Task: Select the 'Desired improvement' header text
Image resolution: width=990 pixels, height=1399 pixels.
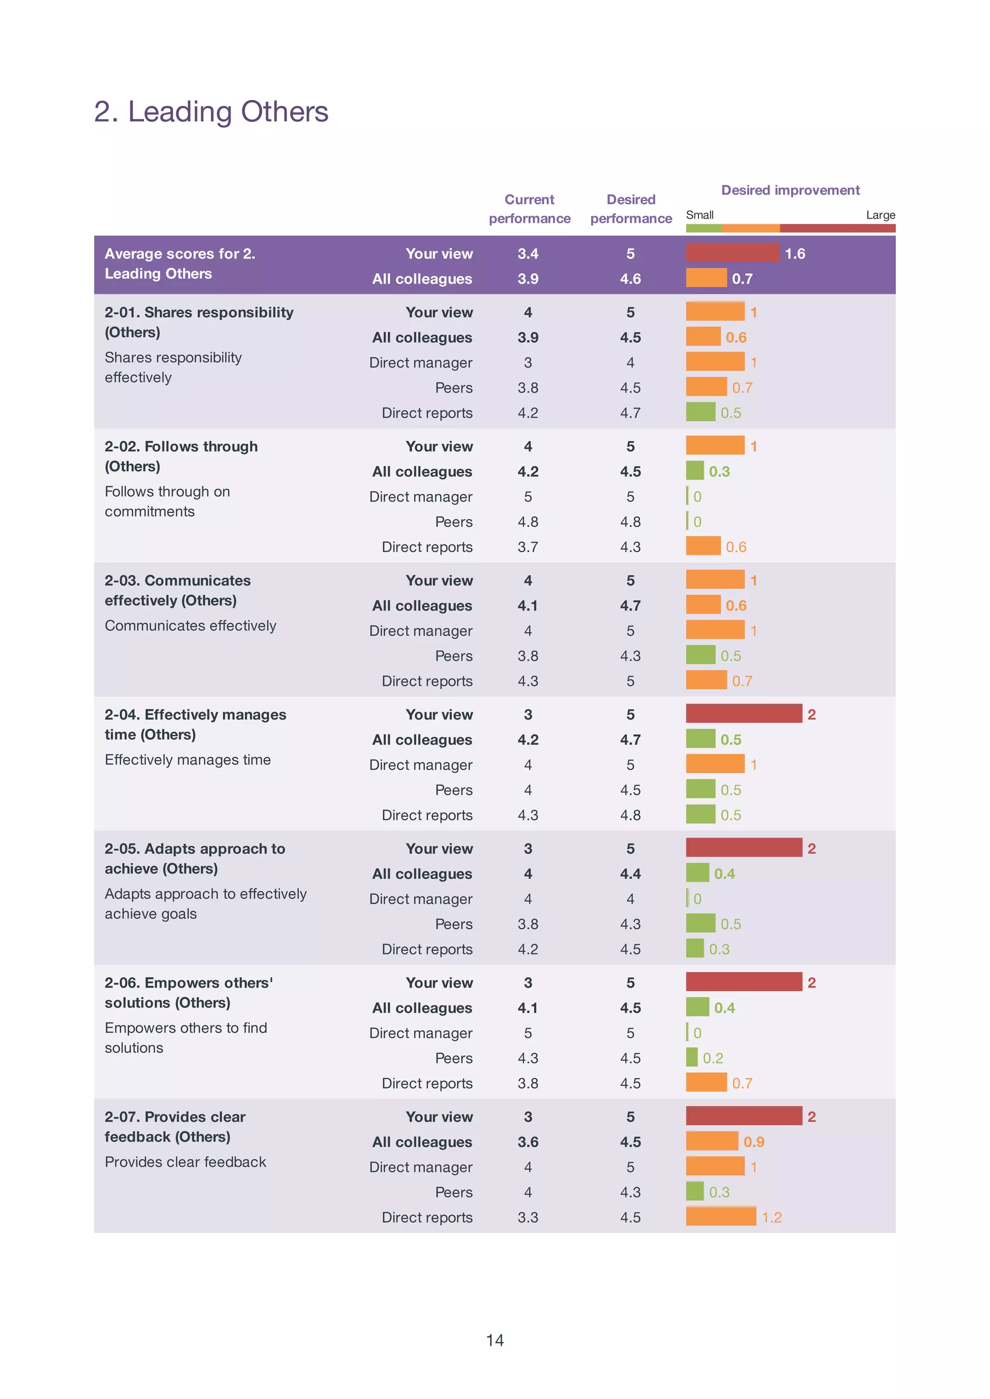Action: [790, 190]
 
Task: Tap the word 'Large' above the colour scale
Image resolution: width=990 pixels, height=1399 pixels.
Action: [880, 215]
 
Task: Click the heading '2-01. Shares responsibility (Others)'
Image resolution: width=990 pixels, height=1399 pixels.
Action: [199, 322]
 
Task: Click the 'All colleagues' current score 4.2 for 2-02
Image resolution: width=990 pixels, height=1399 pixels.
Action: [528, 472]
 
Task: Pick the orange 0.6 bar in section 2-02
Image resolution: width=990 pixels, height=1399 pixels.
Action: [703, 546]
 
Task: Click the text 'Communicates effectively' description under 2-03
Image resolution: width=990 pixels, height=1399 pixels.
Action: [190, 626]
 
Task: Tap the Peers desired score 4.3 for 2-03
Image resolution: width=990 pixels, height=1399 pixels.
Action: [630, 656]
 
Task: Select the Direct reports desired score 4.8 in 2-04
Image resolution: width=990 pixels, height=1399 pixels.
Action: [630, 815]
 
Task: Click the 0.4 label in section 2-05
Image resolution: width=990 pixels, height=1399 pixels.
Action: [724, 874]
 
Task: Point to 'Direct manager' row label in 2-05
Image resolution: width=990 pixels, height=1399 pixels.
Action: [421, 899]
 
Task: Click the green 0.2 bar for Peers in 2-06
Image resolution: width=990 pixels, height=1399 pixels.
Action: [692, 1058]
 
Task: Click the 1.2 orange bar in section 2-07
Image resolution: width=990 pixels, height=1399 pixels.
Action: [721, 1217]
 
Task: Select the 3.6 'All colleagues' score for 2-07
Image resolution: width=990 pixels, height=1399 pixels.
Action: [528, 1142]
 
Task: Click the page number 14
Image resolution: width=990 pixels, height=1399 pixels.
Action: [495, 1340]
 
